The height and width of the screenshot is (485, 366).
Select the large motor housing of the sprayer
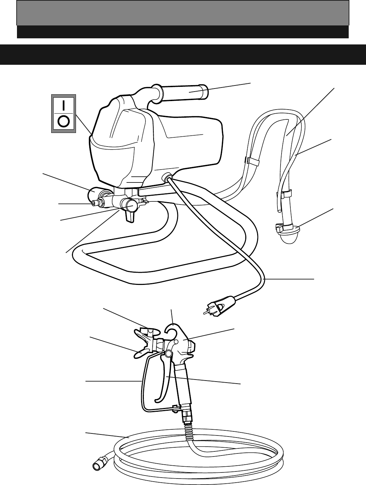click(156, 142)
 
